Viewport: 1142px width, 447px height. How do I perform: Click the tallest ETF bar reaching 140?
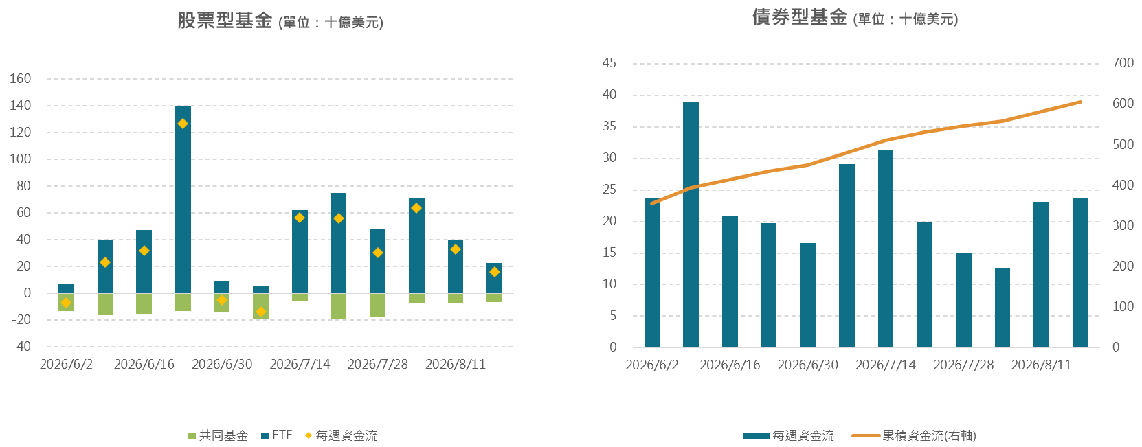(x=183, y=199)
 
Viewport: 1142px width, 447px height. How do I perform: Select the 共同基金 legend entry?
(x=219, y=435)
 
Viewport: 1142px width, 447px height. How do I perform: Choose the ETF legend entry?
(x=277, y=435)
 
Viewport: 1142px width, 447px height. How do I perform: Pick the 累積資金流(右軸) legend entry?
(x=914, y=436)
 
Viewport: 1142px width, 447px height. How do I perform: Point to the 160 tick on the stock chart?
(x=21, y=78)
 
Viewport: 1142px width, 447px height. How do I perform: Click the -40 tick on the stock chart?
(x=21, y=347)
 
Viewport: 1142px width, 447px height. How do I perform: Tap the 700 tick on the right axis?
(x=1123, y=63)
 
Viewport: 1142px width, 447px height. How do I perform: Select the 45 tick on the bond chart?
(x=609, y=63)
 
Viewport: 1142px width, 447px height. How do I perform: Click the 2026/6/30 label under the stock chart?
(x=222, y=365)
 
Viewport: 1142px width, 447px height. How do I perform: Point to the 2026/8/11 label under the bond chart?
(x=1041, y=365)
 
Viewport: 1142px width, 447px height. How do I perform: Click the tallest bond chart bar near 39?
(x=691, y=225)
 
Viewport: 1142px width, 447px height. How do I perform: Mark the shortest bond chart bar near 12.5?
(x=1003, y=308)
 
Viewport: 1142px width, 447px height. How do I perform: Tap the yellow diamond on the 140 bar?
(x=183, y=124)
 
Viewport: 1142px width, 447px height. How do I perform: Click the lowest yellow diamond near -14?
(x=261, y=312)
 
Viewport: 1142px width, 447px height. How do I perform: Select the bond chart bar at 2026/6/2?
(x=652, y=273)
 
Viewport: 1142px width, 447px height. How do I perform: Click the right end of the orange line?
(x=1080, y=102)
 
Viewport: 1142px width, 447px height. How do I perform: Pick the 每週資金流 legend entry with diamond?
(x=341, y=435)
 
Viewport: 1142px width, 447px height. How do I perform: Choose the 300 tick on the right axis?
(x=1123, y=225)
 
